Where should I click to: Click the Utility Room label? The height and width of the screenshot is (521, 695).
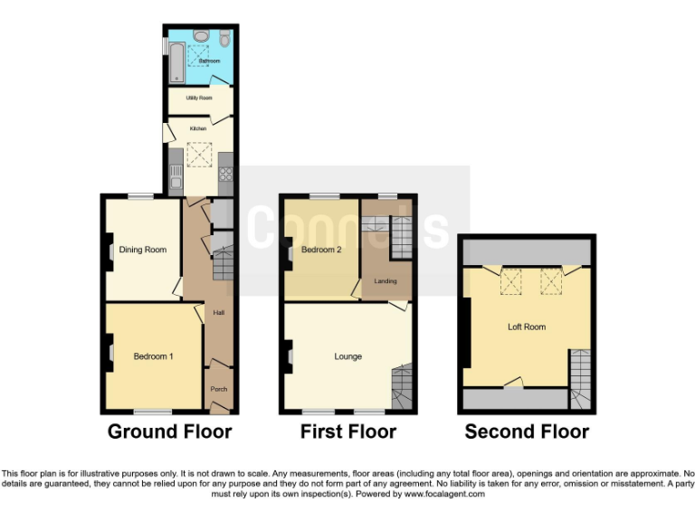(x=199, y=97)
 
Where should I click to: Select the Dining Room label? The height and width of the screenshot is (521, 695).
(x=143, y=250)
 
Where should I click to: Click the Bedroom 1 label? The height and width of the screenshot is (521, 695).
(x=153, y=356)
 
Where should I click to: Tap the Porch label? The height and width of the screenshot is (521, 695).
(x=218, y=390)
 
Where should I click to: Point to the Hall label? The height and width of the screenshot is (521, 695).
(x=218, y=313)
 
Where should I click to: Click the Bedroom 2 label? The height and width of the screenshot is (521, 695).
(x=321, y=250)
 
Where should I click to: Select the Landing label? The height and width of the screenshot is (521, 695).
(x=386, y=281)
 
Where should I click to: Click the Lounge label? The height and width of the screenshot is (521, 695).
(x=347, y=356)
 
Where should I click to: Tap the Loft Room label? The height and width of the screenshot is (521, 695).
(x=526, y=327)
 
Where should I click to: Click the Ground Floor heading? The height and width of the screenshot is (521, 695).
(x=169, y=431)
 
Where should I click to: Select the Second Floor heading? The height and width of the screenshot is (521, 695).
(x=527, y=431)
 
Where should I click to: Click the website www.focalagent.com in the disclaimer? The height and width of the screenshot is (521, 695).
(x=444, y=494)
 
